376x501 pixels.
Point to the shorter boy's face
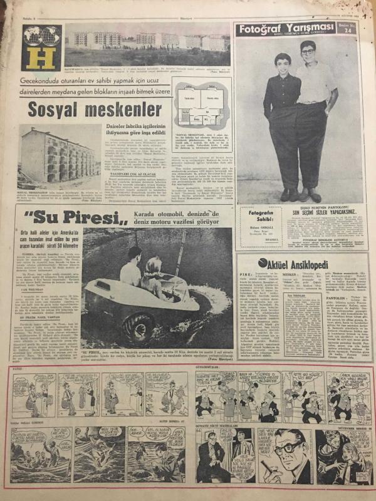click(x=279, y=64)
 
